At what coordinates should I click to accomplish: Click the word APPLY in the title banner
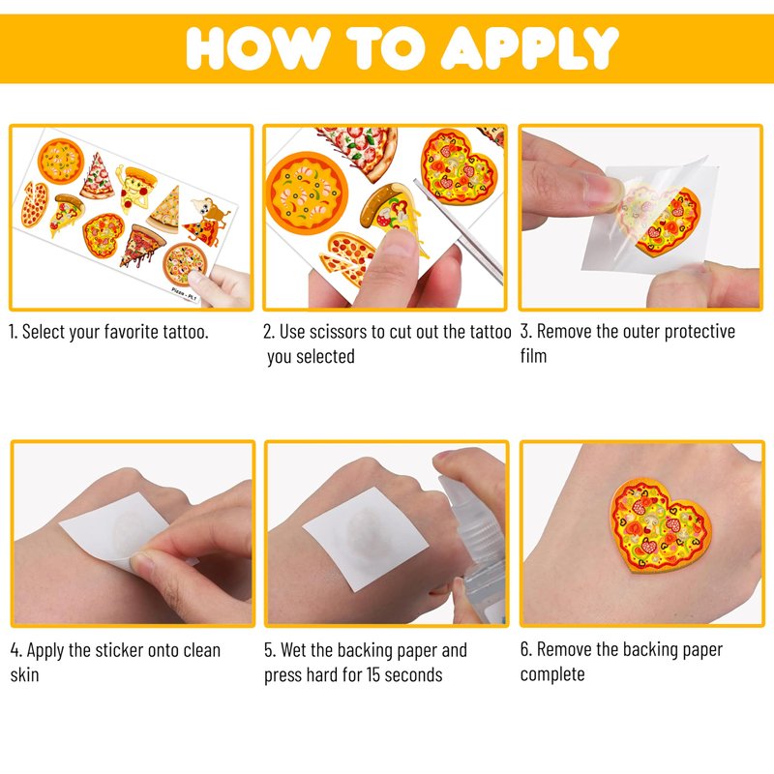(529, 47)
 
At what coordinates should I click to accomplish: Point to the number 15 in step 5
(372, 674)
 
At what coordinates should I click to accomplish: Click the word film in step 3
(533, 355)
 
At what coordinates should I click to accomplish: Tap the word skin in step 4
(25, 674)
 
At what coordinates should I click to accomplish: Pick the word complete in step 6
(552, 674)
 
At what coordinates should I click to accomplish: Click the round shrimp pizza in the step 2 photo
(307, 193)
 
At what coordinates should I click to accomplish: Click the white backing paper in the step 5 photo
(366, 539)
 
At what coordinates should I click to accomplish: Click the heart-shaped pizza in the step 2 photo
(457, 167)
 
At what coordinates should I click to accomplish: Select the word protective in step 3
(700, 332)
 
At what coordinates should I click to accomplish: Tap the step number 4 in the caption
(15, 650)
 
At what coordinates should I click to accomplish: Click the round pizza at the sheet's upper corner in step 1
(61, 162)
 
